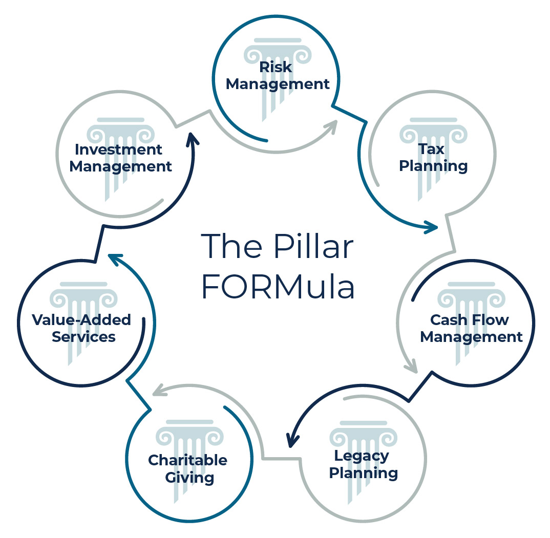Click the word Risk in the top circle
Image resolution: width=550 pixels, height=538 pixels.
276,67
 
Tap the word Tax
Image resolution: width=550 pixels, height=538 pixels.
431,149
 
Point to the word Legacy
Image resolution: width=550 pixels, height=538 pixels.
362,455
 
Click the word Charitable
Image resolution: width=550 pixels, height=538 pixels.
187,460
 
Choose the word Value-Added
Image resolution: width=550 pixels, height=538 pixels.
81,320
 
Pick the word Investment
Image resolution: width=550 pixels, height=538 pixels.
118,149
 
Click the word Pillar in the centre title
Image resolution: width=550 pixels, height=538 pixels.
313,247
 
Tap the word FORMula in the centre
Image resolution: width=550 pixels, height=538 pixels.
278,287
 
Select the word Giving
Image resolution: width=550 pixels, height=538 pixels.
187,478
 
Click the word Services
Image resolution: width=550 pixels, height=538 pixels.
83,337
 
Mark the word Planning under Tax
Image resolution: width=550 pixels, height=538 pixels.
433,166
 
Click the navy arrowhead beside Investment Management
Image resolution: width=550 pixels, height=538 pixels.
193,140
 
